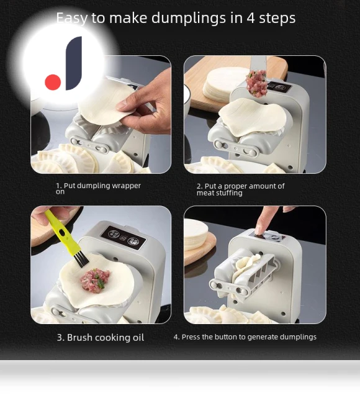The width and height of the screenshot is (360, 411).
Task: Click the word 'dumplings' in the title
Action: coord(189,19)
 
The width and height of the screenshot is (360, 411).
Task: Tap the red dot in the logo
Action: coord(53,82)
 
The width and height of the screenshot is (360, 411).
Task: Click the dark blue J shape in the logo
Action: coord(74,63)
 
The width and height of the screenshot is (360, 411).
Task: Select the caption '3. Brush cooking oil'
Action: coord(101,337)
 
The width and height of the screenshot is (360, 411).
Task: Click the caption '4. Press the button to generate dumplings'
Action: coord(245,337)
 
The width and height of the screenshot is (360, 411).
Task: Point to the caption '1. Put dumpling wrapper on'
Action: coord(98,189)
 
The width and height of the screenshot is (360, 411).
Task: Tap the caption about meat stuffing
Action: coord(241,189)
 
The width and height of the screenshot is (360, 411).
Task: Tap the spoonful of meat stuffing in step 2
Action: coord(256,83)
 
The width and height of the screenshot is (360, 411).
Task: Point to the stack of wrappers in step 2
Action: coord(222,83)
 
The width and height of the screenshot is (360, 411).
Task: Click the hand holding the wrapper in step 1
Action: coord(146,106)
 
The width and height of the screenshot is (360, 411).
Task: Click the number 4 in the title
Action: coord(251,19)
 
